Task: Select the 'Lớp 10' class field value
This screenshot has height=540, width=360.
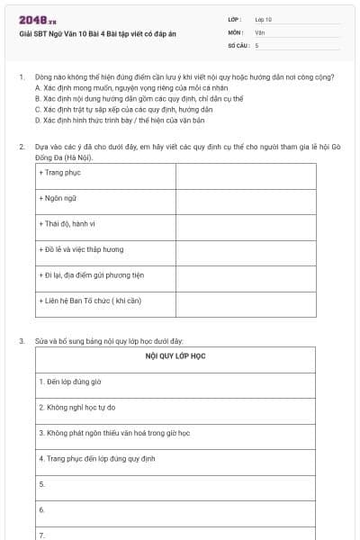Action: click(264, 19)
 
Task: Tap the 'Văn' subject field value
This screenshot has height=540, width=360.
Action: click(259, 31)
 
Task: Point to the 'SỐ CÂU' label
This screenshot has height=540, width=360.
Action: click(237, 44)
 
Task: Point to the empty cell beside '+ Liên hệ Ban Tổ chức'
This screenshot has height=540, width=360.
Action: click(246, 301)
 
